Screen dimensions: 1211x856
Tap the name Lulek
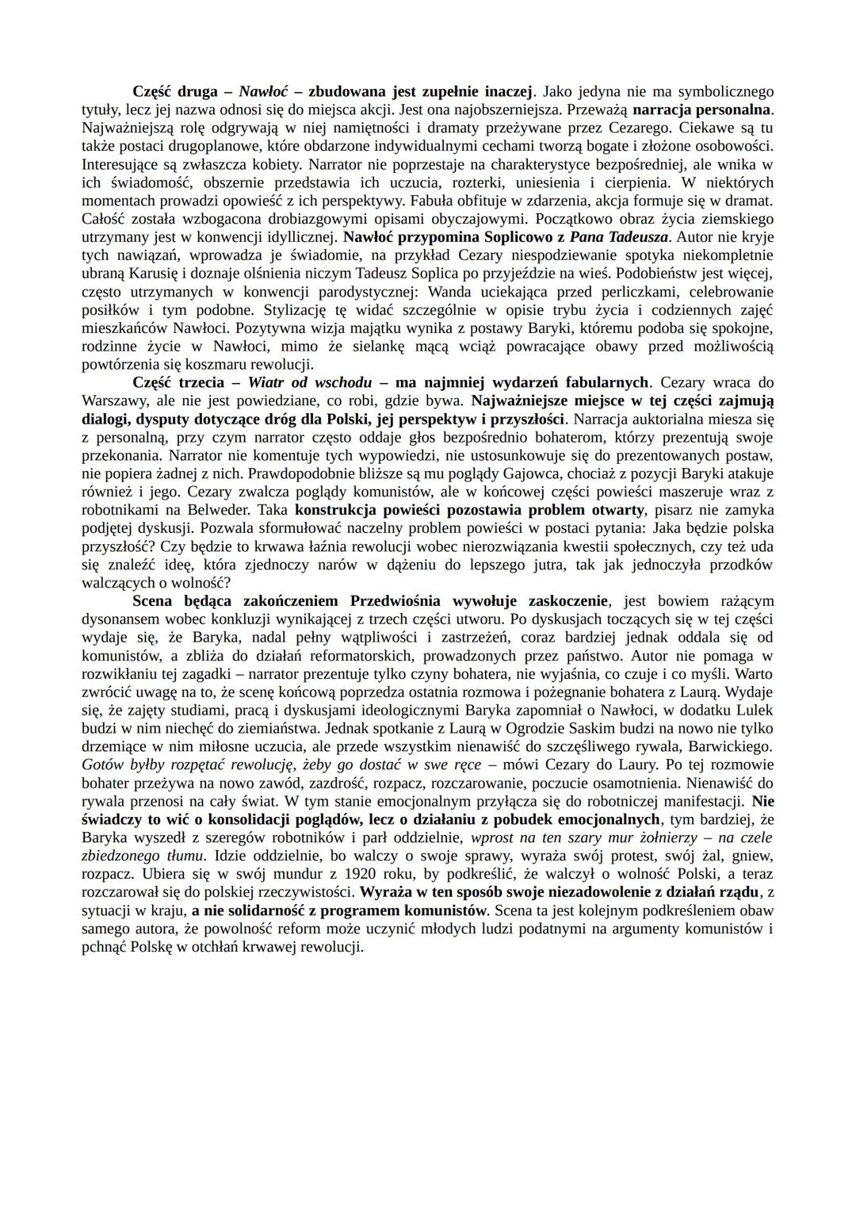coord(753,710)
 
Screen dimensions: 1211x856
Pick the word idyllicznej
coord(298,236)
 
